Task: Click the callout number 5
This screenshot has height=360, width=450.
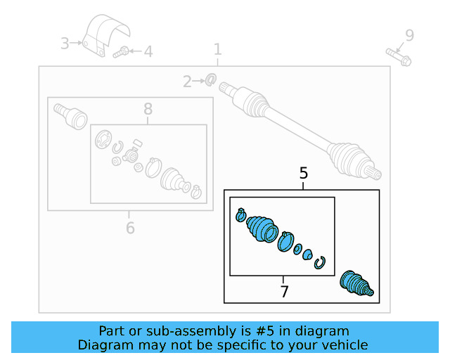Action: tap(303, 174)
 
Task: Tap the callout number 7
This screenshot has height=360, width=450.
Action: tap(284, 292)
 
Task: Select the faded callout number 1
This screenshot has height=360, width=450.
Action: tap(218, 49)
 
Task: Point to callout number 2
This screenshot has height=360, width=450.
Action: tap(187, 82)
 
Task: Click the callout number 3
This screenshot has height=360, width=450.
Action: tap(65, 44)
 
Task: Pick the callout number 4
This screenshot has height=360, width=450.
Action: tap(148, 52)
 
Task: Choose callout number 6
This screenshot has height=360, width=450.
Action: tap(130, 229)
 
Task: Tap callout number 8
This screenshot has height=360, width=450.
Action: tap(148, 109)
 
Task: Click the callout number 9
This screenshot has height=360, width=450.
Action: tap(409, 36)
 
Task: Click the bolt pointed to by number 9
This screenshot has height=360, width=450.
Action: tap(399, 57)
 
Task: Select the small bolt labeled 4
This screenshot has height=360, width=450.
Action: tap(120, 52)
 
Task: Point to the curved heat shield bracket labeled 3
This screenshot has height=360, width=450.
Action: tap(105, 34)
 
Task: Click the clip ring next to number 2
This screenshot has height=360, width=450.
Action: tap(211, 79)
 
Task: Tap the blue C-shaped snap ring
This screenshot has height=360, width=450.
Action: tap(319, 263)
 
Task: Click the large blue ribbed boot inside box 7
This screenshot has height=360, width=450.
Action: tap(262, 229)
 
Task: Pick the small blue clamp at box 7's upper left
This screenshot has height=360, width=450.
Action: tap(240, 215)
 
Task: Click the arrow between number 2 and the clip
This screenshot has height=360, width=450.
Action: tap(198, 82)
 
